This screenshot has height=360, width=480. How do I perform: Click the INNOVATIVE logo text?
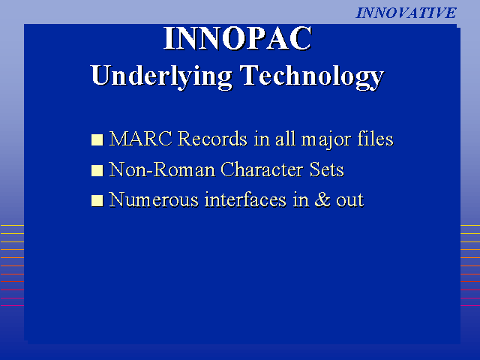pyautogui.click(x=406, y=13)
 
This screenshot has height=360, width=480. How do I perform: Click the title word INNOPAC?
pyautogui.click(x=238, y=38)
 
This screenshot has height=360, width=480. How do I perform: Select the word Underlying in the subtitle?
pyautogui.click(x=161, y=76)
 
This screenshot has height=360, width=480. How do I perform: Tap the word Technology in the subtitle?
pyautogui.click(x=312, y=76)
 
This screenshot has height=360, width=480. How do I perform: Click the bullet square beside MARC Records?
pyautogui.click(x=97, y=140)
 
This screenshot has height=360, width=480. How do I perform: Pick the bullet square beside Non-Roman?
pyautogui.click(x=97, y=170)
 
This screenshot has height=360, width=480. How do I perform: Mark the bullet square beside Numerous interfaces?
pyautogui.click(x=97, y=201)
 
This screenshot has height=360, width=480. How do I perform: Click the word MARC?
pyautogui.click(x=141, y=139)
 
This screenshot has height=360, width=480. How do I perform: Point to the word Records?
pyautogui.click(x=212, y=139)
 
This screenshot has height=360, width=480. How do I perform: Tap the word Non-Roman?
pyautogui.click(x=162, y=169)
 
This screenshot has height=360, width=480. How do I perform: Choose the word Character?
pyautogui.click(x=262, y=169)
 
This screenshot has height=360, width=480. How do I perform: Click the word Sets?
pyautogui.click(x=327, y=169)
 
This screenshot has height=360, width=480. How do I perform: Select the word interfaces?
pyautogui.click(x=245, y=200)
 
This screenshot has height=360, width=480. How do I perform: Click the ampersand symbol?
pyautogui.click(x=322, y=200)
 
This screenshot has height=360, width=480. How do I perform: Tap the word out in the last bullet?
pyautogui.click(x=350, y=200)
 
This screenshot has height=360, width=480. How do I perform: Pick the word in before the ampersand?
pyautogui.click(x=301, y=200)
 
